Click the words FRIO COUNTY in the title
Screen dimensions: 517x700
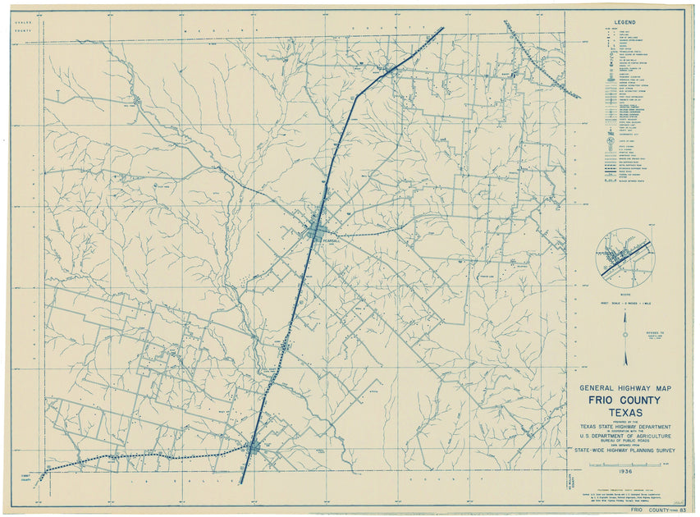tap(625, 400)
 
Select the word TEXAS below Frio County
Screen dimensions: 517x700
tap(625, 412)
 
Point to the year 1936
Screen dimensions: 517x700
tap(625, 472)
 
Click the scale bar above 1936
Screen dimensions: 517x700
tap(625, 464)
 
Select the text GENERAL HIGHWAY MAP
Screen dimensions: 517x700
tap(625, 387)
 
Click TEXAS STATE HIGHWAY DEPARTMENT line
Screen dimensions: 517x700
tap(625, 427)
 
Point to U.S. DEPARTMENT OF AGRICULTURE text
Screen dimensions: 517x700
tap(625, 437)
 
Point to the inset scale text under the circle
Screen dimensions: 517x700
tap(625, 304)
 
